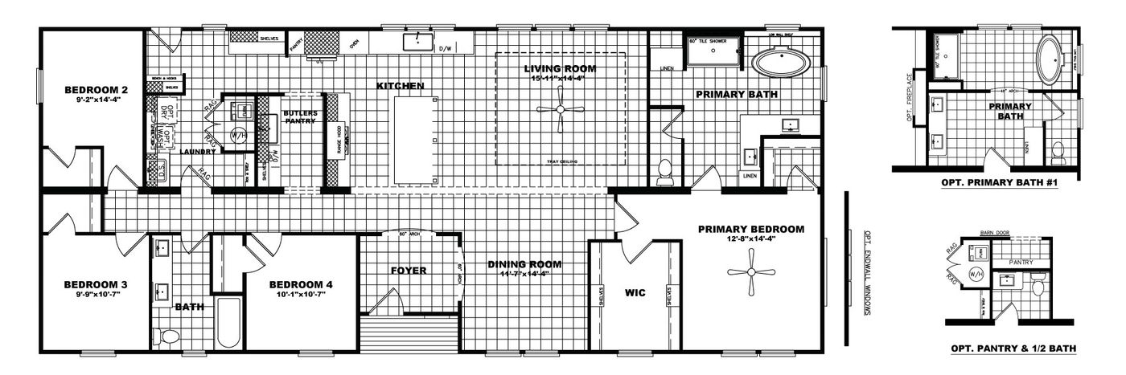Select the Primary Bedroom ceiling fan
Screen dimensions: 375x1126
(x=750, y=271)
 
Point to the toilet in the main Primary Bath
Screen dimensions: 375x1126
(x=665, y=171)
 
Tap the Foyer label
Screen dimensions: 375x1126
(x=408, y=271)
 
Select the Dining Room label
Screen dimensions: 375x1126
(x=525, y=264)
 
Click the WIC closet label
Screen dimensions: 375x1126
(x=635, y=293)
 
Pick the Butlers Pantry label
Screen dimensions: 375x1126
(x=300, y=117)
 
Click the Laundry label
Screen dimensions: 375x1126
(x=198, y=150)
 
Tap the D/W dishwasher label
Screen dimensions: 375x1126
(x=445, y=49)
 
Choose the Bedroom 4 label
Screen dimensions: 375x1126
(x=301, y=284)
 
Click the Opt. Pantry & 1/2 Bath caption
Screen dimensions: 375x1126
(x=1013, y=349)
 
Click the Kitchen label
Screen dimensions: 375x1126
(x=400, y=85)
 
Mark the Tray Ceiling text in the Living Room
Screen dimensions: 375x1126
(x=561, y=161)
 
